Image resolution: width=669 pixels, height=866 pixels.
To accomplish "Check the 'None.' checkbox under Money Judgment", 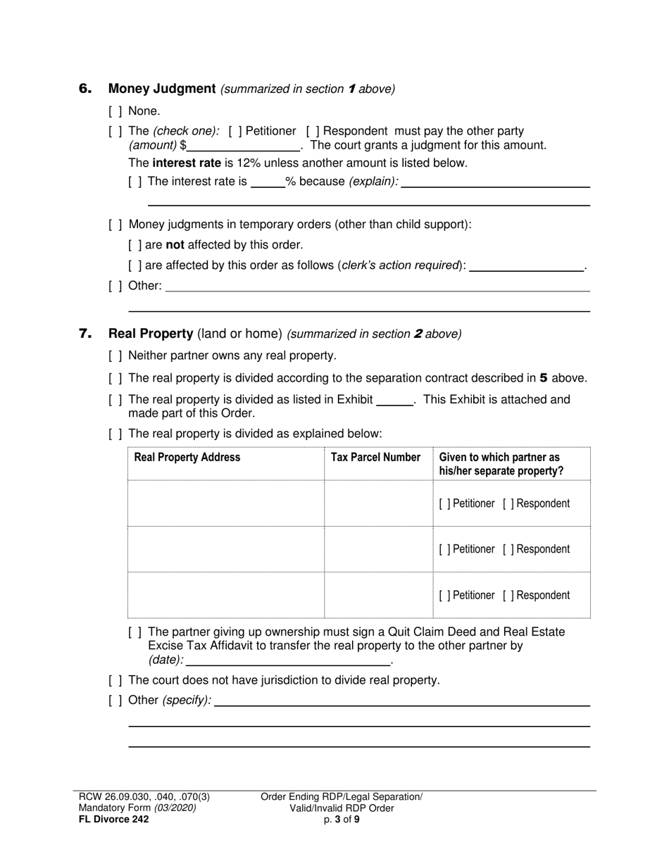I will coord(115,111).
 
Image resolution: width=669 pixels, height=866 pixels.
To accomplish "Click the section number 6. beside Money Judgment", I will coord(85,89).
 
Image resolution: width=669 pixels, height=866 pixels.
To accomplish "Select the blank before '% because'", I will coord(268,182).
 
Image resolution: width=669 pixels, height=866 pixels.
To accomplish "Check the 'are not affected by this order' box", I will coord(135,245).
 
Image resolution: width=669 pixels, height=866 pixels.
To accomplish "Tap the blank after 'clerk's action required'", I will coord(526,267).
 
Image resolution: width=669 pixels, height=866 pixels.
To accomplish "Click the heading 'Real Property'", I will coord(151,334).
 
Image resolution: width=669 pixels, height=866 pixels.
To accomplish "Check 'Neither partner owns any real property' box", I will coord(115,356).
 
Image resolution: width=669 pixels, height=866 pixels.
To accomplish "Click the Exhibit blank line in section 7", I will coord(394,401).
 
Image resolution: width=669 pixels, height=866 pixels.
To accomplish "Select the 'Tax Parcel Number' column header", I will coord(375,458).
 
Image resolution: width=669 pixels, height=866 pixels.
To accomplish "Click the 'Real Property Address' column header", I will coord(187,458).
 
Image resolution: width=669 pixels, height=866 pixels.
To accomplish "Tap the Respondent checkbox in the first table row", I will coord(508,504).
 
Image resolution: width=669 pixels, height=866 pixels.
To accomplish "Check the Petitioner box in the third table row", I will coord(445,596).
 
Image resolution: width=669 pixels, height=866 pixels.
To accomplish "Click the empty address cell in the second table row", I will coord(225,549).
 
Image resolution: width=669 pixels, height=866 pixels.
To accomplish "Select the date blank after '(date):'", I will coord(287,660).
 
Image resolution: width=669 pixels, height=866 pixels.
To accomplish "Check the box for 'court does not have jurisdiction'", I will coord(115,681).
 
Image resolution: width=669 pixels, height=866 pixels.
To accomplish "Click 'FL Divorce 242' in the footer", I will coord(114,819).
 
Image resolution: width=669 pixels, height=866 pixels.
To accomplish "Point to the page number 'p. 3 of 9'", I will coord(342,819).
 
